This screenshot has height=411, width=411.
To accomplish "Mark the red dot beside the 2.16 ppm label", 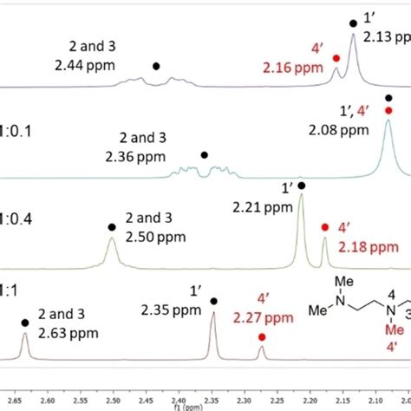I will click(x=336, y=58).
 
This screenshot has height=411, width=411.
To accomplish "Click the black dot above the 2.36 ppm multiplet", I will click(x=205, y=155).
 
